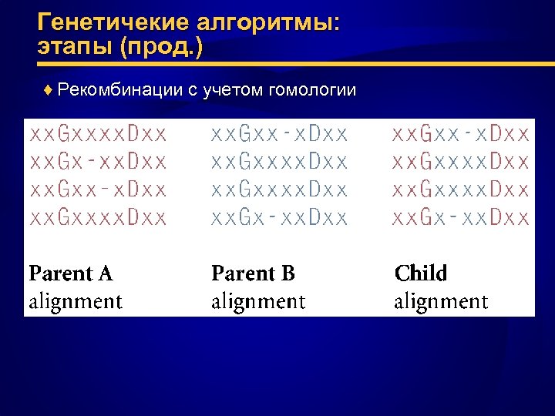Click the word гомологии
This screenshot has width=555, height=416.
tap(311, 90)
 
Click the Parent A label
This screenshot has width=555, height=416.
tap(71, 273)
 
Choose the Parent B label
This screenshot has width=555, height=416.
tap(254, 273)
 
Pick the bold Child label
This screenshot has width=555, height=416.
tap(421, 273)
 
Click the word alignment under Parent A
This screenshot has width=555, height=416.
tap(76, 301)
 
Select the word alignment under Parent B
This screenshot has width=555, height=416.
tap(258, 301)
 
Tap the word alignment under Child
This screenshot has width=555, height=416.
tap(441, 301)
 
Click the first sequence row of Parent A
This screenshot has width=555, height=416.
tap(98, 135)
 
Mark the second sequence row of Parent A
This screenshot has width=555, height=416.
tap(98, 163)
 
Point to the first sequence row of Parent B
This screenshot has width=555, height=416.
tap(280, 135)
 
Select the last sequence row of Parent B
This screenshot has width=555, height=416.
tap(280, 218)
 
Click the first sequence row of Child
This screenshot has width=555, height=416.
tap(462, 135)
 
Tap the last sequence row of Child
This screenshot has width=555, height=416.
tap(462, 218)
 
